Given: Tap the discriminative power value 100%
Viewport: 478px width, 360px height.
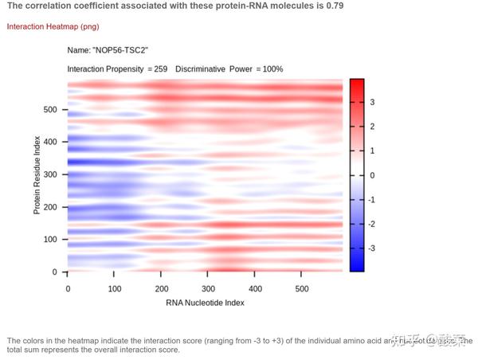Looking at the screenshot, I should point(271,69).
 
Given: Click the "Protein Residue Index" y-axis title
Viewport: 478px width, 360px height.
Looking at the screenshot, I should point(37,174).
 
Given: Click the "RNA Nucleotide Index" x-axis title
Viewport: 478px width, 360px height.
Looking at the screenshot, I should point(205,303).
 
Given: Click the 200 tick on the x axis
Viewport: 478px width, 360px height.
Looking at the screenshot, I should point(162,288).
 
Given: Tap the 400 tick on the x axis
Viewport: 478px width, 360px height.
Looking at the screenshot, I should point(256,288).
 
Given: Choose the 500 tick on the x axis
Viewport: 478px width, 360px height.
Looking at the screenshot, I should point(303,288).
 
